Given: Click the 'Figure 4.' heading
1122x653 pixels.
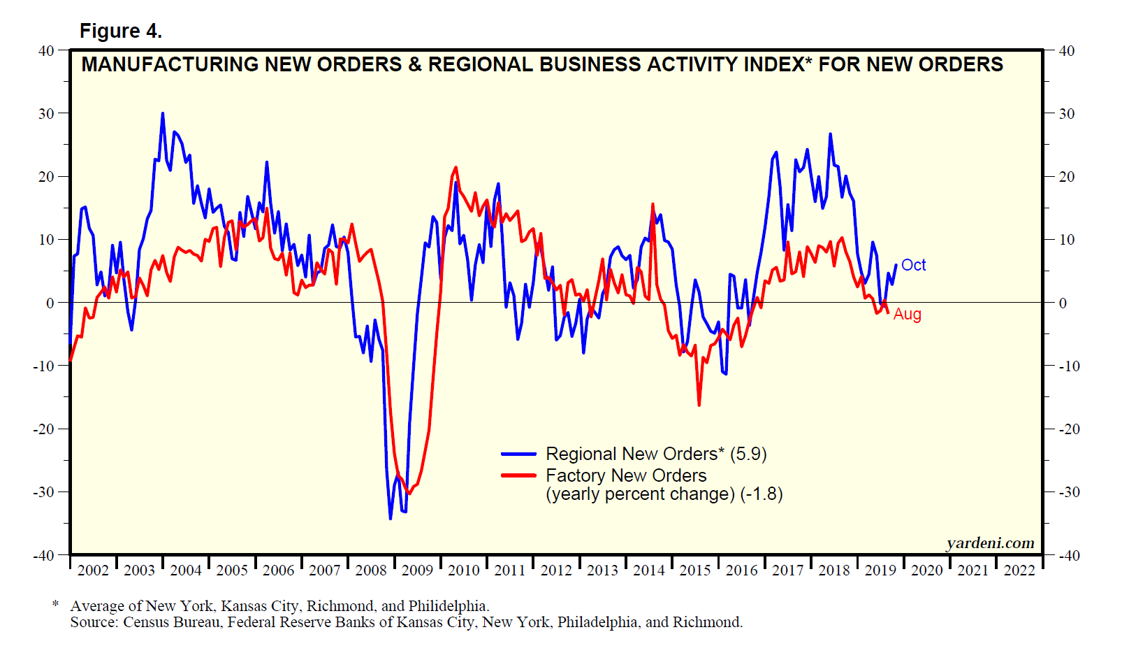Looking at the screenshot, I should point(120,31).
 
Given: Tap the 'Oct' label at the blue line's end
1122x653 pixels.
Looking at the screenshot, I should point(913,265).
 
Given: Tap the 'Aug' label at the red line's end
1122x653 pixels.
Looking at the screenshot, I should point(907,315).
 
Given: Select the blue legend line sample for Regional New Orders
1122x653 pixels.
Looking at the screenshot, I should point(518,454).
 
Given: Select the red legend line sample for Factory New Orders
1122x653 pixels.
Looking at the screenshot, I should point(518,476).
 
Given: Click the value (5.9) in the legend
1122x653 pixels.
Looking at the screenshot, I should point(748,454).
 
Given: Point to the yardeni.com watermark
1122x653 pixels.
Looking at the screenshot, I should point(990,543).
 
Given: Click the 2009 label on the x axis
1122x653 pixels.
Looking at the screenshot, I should point(417,571).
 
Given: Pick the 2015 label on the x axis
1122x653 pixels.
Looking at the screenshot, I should point(695,571).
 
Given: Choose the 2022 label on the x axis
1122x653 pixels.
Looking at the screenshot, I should point(1019,571).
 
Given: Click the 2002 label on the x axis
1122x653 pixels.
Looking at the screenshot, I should point(93,571).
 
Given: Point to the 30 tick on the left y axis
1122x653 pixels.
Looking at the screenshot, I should point(46,113).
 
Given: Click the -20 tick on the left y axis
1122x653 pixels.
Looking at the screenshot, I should point(43,429).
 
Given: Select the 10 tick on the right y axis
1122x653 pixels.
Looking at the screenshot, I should point(1067,240).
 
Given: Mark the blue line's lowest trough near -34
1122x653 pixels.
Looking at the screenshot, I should point(391,518).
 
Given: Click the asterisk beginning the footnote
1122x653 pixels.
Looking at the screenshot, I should point(56,603).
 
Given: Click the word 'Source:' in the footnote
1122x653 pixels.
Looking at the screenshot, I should point(94,622).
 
